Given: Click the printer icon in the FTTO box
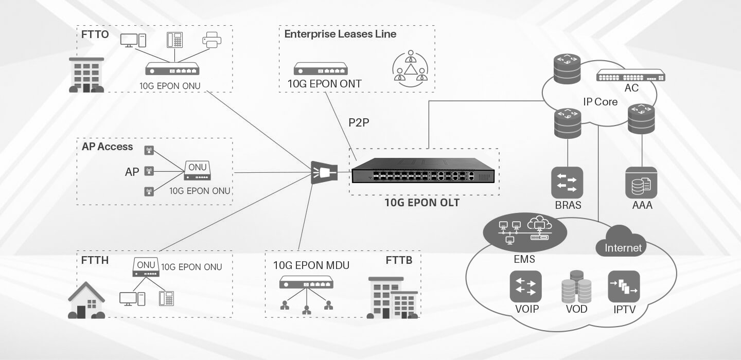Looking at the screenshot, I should (212, 40).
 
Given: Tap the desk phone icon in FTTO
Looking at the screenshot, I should (174, 40).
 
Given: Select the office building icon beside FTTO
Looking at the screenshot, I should (86, 75).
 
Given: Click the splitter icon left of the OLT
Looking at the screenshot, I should (323, 173).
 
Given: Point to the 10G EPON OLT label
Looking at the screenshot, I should (422, 203).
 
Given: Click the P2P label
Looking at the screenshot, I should (359, 122).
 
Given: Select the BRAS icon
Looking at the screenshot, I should (567, 183).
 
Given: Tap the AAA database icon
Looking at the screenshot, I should (641, 183).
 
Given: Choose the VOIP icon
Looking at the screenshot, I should (525, 286).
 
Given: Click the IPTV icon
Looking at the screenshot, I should (624, 286).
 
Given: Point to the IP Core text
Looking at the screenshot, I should (600, 102).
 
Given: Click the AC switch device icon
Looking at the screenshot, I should (630, 76).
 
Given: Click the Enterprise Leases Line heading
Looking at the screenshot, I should (340, 34).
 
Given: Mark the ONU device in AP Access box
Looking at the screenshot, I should (197, 171).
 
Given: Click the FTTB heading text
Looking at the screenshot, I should (399, 260).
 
